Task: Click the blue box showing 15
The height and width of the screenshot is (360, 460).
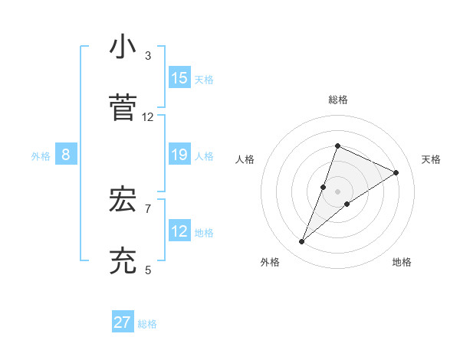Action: [x=179, y=78]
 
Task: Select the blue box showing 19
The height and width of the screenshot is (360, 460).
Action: [x=179, y=155]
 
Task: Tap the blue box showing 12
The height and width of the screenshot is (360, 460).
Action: [x=179, y=232]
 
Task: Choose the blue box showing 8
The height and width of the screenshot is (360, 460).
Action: [x=66, y=155]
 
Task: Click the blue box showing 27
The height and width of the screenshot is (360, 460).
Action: [x=123, y=322]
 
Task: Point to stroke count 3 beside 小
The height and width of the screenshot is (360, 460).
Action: [x=148, y=56]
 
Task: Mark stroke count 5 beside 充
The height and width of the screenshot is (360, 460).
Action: [x=148, y=270]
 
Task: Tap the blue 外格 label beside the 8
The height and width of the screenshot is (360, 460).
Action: [x=41, y=156]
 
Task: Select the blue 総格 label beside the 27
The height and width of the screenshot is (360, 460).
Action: [x=147, y=324]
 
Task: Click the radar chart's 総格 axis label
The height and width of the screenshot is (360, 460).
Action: [x=338, y=100]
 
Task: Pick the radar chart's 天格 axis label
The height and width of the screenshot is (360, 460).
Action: [x=431, y=159]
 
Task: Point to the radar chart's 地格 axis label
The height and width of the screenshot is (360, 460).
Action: [x=402, y=262]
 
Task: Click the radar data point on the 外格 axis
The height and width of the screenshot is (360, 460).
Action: [x=302, y=242]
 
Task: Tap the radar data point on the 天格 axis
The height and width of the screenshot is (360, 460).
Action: [x=396, y=172]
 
